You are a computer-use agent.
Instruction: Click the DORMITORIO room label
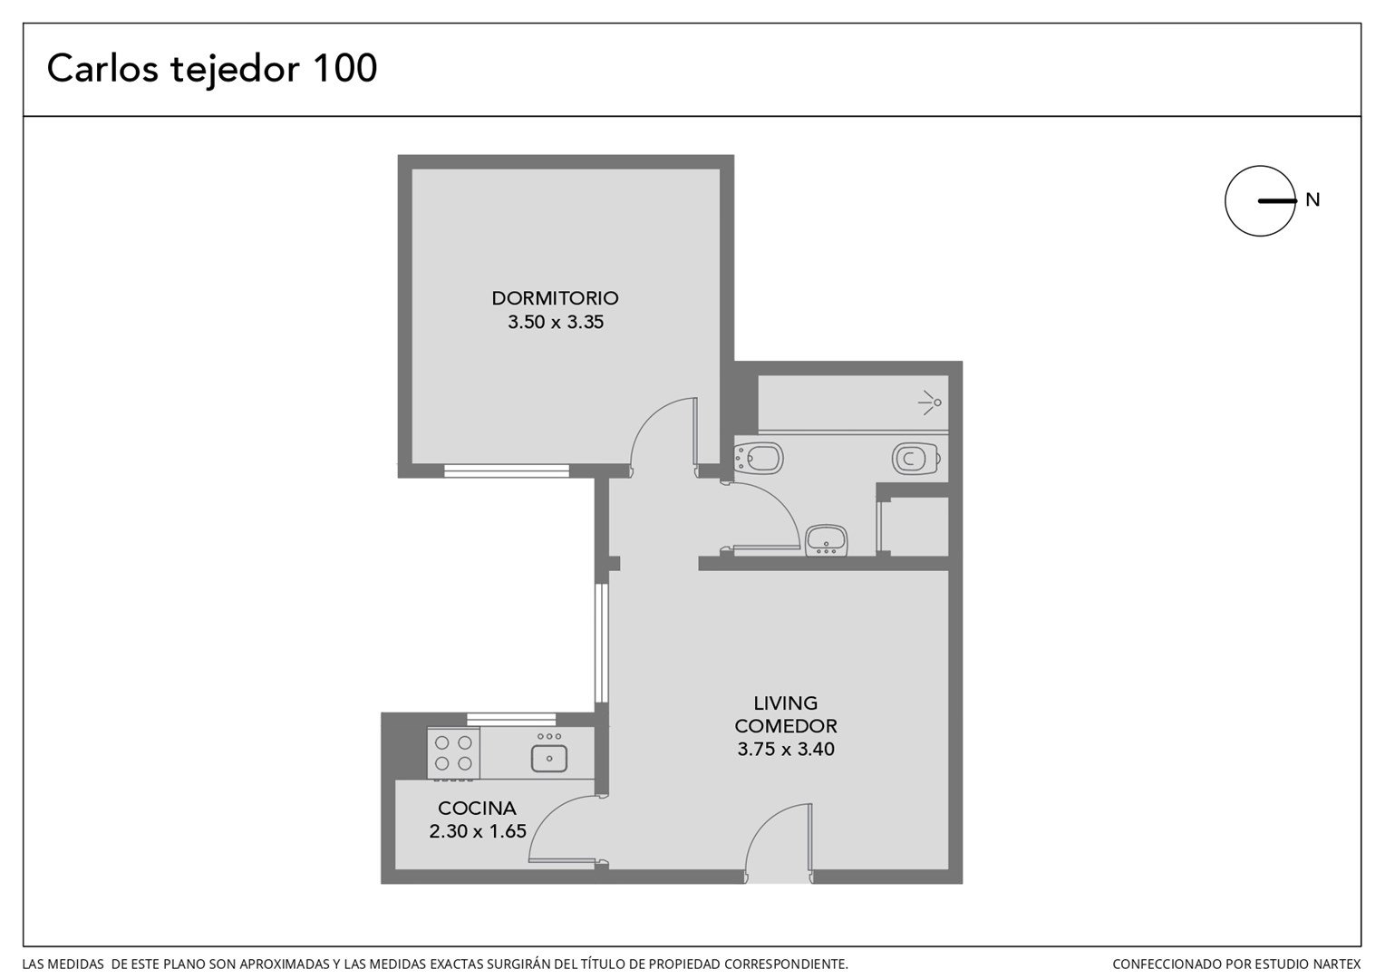(555, 298)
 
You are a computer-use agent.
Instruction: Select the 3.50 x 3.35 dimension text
(556, 322)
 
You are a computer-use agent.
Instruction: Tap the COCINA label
(477, 808)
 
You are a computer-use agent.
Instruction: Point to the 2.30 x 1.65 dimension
(478, 830)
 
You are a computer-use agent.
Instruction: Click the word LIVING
(785, 703)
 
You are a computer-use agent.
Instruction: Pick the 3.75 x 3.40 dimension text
(785, 749)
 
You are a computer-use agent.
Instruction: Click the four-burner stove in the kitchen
(453, 753)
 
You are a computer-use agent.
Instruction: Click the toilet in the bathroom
(915, 459)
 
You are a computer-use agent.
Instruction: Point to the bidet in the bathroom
(759, 459)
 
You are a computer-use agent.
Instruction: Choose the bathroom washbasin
(826, 540)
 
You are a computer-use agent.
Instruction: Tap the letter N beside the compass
(1312, 199)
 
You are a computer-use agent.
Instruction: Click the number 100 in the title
(345, 68)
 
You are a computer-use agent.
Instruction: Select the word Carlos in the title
(102, 68)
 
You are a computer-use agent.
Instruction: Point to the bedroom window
(507, 470)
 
